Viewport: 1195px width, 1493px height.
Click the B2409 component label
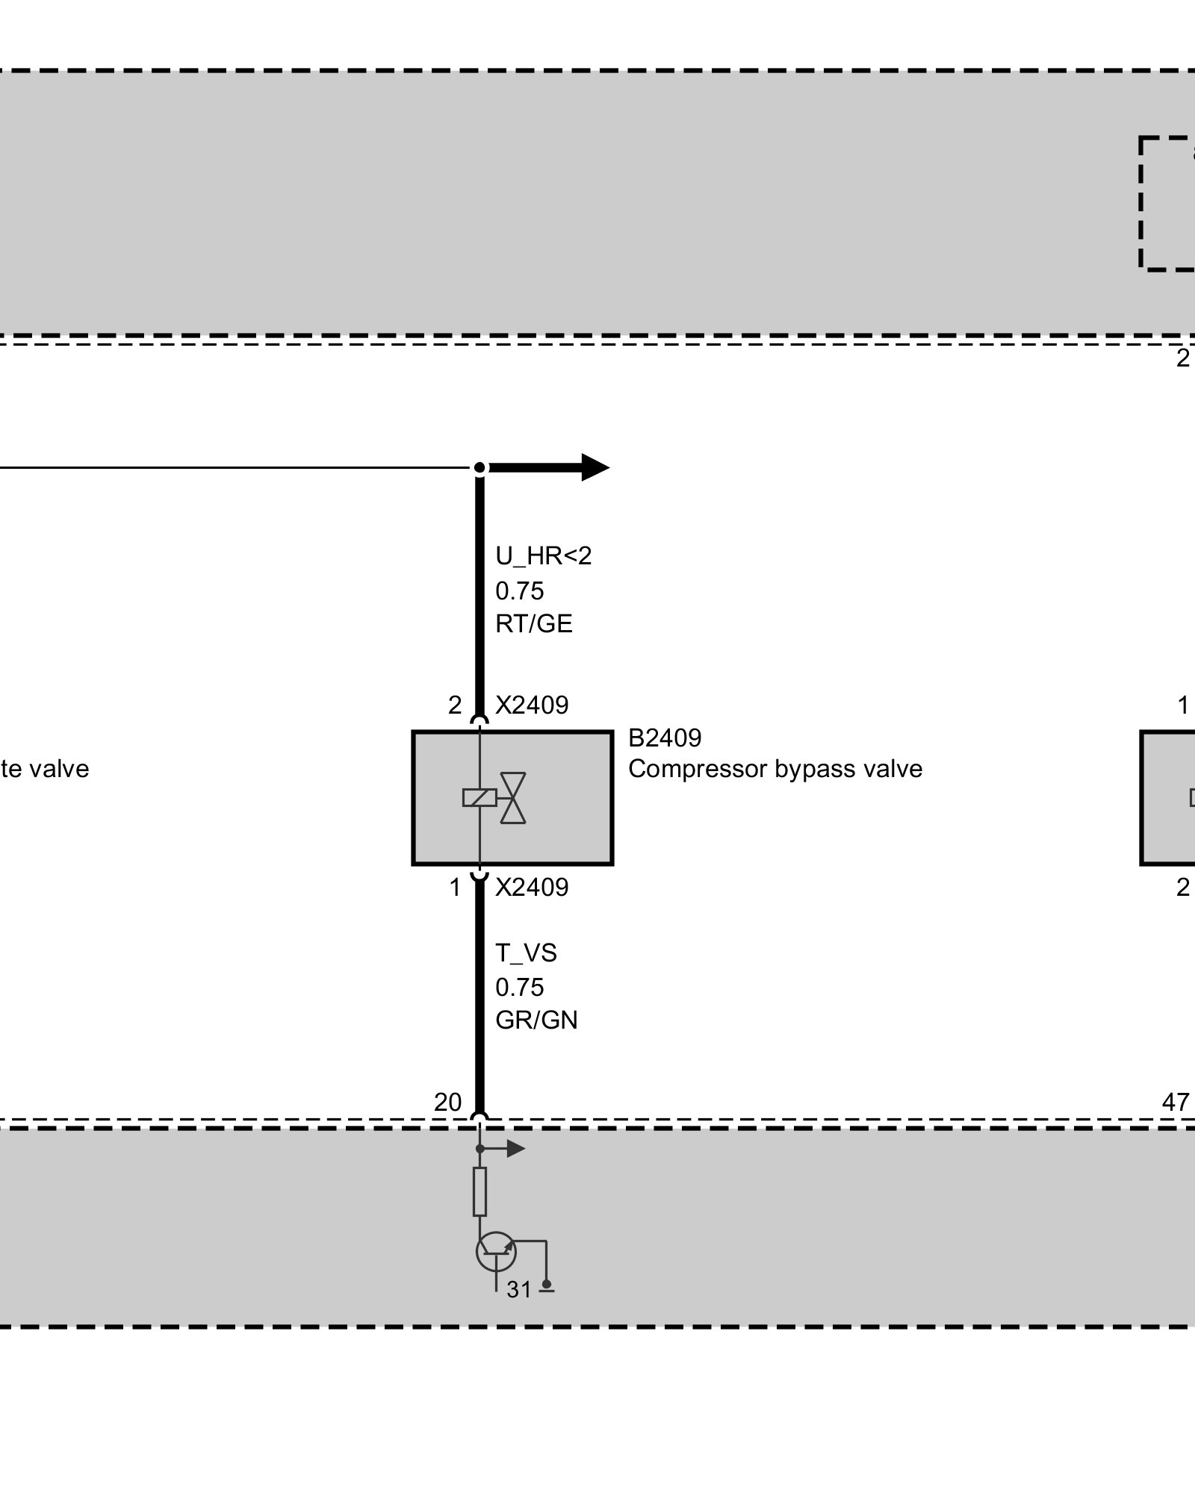(664, 738)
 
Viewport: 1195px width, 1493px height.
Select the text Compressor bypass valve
(775, 769)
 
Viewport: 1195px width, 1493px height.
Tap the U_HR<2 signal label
(543, 555)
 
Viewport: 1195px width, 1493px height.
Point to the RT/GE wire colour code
(533, 623)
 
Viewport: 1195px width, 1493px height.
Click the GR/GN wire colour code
(536, 1020)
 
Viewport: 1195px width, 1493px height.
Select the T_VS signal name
(526, 953)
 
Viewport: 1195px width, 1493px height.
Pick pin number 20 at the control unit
(448, 1102)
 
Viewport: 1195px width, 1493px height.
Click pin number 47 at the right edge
(1176, 1102)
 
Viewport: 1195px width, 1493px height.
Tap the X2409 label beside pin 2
(532, 705)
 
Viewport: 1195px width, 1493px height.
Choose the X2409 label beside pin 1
(532, 887)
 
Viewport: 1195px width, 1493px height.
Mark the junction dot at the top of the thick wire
(480, 468)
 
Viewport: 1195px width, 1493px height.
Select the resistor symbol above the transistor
(479, 1192)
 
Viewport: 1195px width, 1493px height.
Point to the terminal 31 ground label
(519, 1289)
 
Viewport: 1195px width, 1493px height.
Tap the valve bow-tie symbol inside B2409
(513, 798)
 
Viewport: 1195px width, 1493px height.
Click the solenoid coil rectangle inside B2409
(479, 798)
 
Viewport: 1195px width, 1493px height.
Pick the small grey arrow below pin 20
(515, 1148)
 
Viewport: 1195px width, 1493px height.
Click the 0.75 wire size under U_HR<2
(519, 590)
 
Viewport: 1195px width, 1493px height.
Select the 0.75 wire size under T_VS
(519, 987)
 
